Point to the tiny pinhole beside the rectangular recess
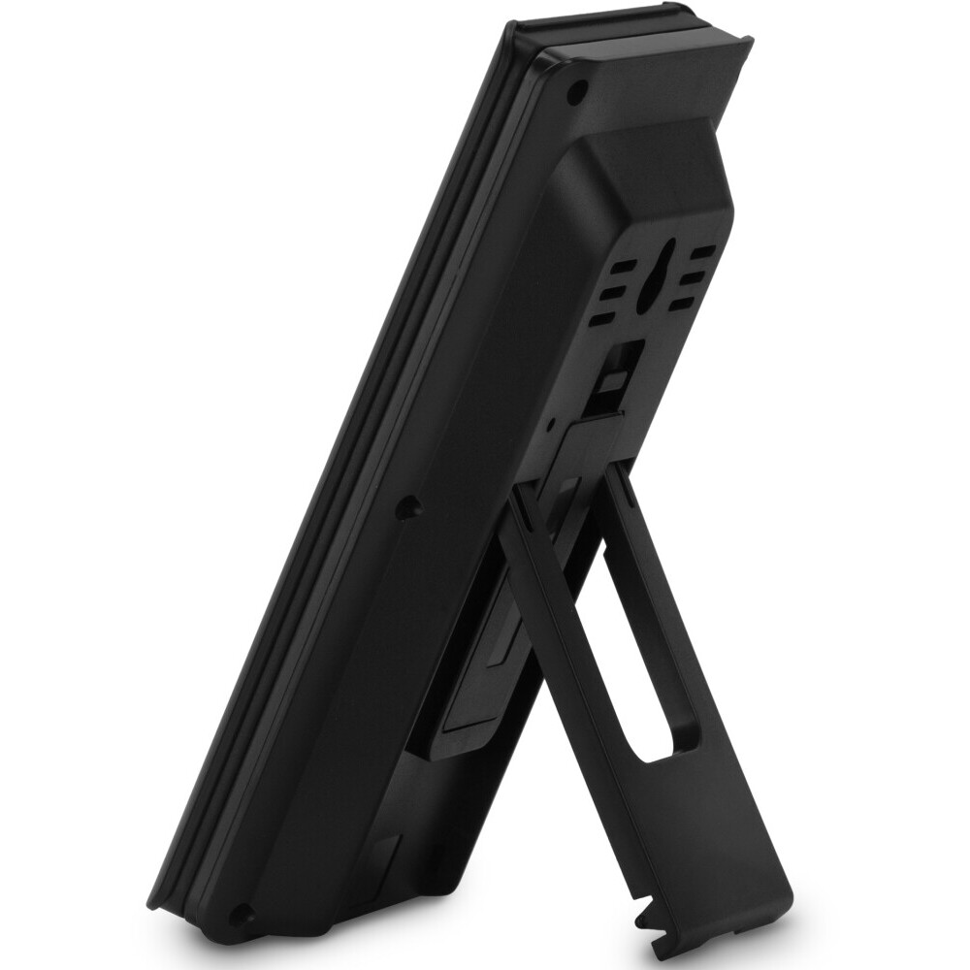552,424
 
